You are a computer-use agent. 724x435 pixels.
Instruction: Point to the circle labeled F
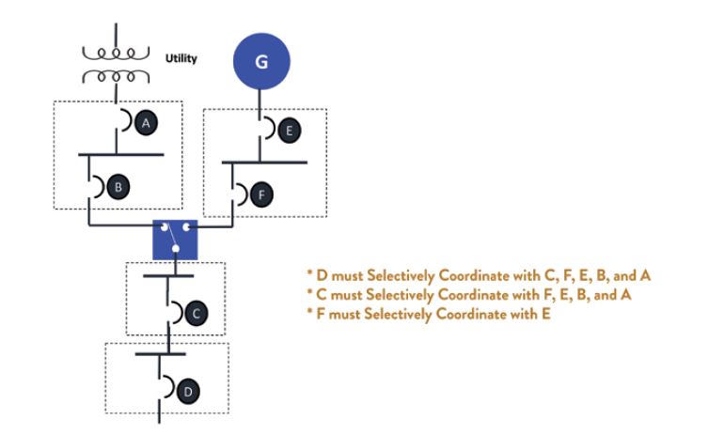coord(264,194)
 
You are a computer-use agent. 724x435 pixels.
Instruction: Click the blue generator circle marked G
coord(261,63)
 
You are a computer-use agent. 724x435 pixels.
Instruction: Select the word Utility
coord(181,58)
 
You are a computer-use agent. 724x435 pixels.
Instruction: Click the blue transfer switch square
coord(175,239)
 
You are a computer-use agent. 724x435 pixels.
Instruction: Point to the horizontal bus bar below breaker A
coord(120,153)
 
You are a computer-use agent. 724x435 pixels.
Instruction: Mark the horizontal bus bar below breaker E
coord(264,162)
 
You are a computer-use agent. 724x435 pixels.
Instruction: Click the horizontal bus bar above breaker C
coord(168,275)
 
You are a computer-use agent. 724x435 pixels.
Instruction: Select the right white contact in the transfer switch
coord(188,226)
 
